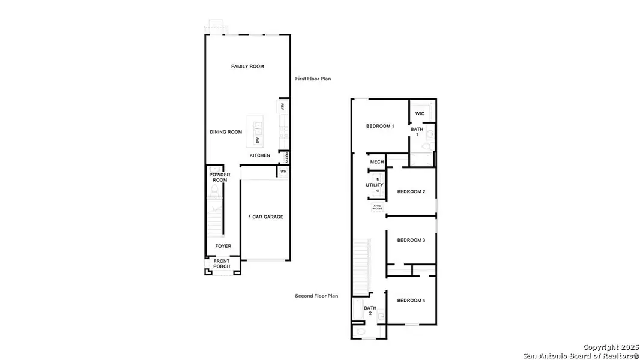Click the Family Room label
[247, 67]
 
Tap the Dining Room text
[226, 132]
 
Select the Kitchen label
[260, 155]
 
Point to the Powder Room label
[219, 177]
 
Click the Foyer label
[223, 246]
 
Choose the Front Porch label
[222, 263]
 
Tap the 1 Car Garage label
[265, 217]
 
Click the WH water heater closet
[283, 172]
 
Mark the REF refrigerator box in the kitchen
[282, 106]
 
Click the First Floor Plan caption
[313, 79]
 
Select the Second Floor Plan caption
[316, 295]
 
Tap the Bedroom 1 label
[380, 126]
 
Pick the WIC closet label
[420, 113]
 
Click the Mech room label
[376, 162]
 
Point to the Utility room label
[375, 185]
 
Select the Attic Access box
[377, 207]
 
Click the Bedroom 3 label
[411, 240]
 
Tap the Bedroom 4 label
[411, 300]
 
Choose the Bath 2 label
[370, 310]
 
